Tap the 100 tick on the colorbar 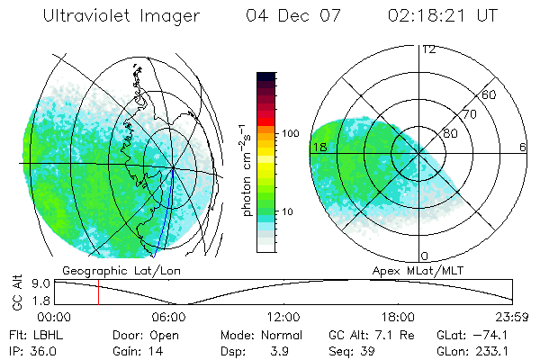coord(290,133)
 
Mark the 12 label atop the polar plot coord(428,49)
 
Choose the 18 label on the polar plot coord(319,147)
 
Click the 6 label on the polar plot coord(523,147)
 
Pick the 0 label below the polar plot coord(425,256)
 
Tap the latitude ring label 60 coord(490,94)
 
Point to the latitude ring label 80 coord(448,133)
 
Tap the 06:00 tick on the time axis coord(169,317)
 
